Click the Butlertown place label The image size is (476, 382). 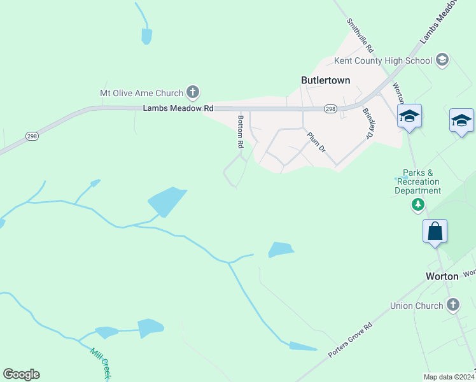[x=325, y=80]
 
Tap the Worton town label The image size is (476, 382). [x=442, y=276]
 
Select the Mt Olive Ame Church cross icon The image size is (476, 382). [x=193, y=93]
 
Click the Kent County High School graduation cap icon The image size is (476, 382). [x=442, y=61]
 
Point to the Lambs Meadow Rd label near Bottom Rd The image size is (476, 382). [x=178, y=109]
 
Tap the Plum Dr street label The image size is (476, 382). [x=316, y=142]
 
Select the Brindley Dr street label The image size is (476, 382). [x=368, y=123]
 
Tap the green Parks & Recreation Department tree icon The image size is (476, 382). [x=417, y=205]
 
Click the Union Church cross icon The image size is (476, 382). [x=452, y=306]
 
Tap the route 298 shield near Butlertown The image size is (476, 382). [x=330, y=109]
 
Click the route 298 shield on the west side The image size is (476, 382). [x=32, y=136]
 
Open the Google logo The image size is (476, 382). [x=21, y=374]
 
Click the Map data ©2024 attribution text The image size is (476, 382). [x=449, y=377]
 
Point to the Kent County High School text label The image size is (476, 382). [x=383, y=61]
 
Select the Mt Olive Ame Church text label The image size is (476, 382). [x=141, y=93]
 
